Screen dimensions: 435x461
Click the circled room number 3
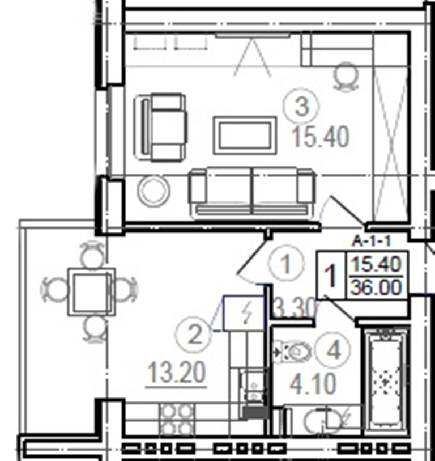[301, 106]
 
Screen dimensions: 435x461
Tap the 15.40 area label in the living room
[321, 137]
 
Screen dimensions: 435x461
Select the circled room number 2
[194, 335]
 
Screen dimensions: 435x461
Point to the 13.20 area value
[177, 373]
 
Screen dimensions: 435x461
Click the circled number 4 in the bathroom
[333, 350]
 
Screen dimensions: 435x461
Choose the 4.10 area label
[313, 383]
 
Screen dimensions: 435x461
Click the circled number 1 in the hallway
[285, 263]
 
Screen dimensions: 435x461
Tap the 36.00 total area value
[376, 287]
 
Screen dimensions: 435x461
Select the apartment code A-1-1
[372, 242]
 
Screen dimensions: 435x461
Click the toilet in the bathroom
[292, 352]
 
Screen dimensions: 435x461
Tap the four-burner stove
[177, 419]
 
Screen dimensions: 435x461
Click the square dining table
[92, 292]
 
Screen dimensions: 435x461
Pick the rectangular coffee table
[245, 136]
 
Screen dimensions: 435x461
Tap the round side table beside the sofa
[153, 190]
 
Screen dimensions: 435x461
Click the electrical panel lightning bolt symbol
[248, 313]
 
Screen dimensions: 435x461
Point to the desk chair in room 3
[347, 76]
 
